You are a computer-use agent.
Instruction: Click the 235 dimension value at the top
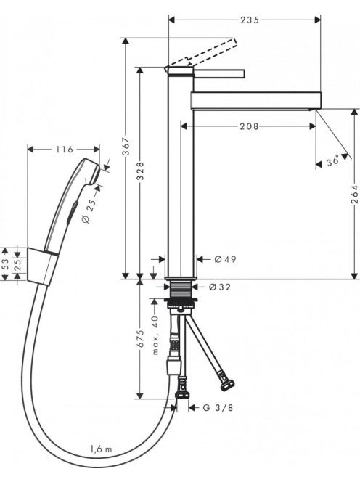point(250,20)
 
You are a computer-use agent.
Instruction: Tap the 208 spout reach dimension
point(250,126)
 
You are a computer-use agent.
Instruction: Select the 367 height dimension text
point(126,147)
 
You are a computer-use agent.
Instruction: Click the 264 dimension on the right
point(355,194)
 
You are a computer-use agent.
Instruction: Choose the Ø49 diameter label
point(225,259)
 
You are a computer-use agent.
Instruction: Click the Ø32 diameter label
point(219,287)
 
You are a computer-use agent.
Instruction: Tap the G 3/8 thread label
point(218,408)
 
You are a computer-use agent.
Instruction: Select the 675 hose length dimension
point(140,339)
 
